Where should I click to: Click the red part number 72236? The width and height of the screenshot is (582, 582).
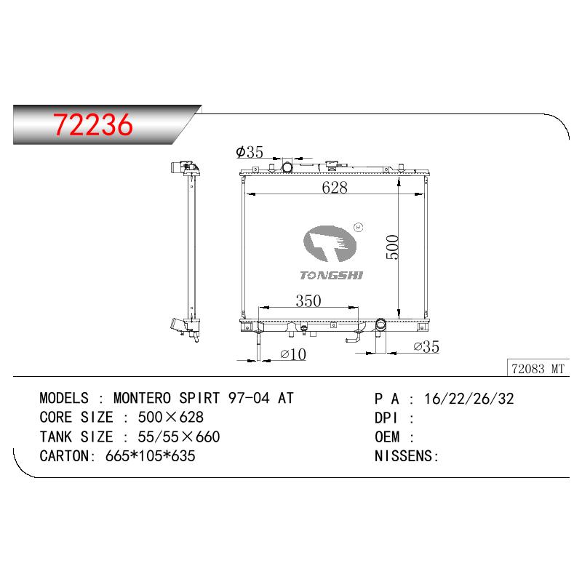point(93,124)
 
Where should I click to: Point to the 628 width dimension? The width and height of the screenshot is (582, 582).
point(335,188)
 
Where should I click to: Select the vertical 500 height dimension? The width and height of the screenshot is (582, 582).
point(392,247)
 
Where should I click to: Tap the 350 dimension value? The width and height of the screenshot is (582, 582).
point(308,300)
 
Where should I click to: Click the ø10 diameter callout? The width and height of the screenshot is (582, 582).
point(293,354)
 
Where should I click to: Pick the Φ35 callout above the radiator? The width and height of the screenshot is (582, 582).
point(250,152)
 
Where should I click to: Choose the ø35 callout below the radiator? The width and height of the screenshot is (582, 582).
point(426,347)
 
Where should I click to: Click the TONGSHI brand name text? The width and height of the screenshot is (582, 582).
point(332,275)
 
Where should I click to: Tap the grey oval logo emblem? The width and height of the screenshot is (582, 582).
point(330,244)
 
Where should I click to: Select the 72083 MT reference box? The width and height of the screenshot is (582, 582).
point(538,369)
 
